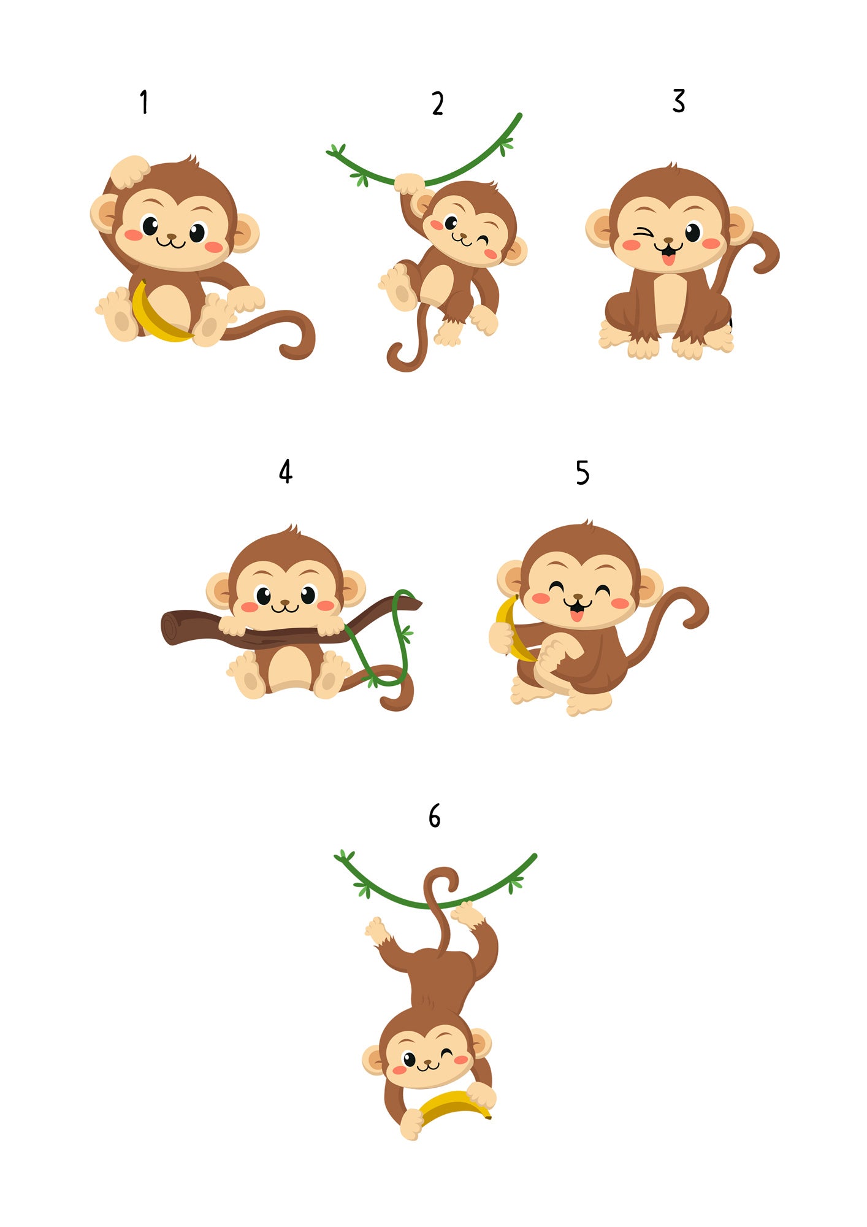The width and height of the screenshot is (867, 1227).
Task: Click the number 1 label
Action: pyautogui.click(x=144, y=102)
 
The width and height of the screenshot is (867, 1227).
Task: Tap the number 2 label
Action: pyautogui.click(x=437, y=103)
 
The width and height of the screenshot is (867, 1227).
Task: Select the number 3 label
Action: pyautogui.click(x=678, y=101)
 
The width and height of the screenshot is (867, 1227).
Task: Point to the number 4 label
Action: pyautogui.click(x=286, y=471)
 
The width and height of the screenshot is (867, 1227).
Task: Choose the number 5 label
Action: pyautogui.click(x=582, y=473)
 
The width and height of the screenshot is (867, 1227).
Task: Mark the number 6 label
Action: pyautogui.click(x=435, y=816)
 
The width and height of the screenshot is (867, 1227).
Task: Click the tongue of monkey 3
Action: pyautogui.click(x=668, y=260)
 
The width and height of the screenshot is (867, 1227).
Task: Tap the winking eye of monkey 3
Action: pyautogui.click(x=642, y=233)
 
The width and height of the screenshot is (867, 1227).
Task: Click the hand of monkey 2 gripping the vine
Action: pyautogui.click(x=409, y=183)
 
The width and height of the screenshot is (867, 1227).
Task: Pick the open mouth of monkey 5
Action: pyautogui.click(x=576, y=609)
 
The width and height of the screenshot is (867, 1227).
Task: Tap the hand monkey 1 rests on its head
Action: pyautogui.click(x=129, y=171)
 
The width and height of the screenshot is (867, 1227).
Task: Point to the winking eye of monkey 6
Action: pyautogui.click(x=446, y=1053)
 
